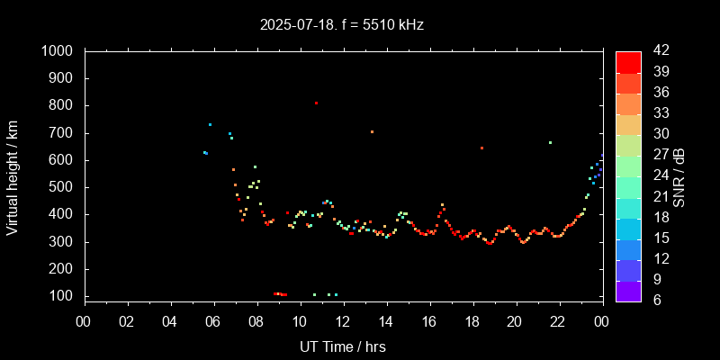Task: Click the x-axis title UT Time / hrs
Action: click(342, 346)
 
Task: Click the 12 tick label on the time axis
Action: click(343, 321)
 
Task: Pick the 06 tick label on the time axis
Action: click(213, 321)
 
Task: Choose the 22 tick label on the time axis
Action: click(558, 321)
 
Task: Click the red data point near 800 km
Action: click(316, 103)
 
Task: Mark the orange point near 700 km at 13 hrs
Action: click(372, 132)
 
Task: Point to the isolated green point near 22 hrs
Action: click(550, 142)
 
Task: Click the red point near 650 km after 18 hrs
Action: click(481, 148)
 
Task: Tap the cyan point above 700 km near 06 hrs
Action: click(210, 125)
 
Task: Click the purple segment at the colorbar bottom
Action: click(628, 291)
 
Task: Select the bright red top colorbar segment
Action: click(628, 61)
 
